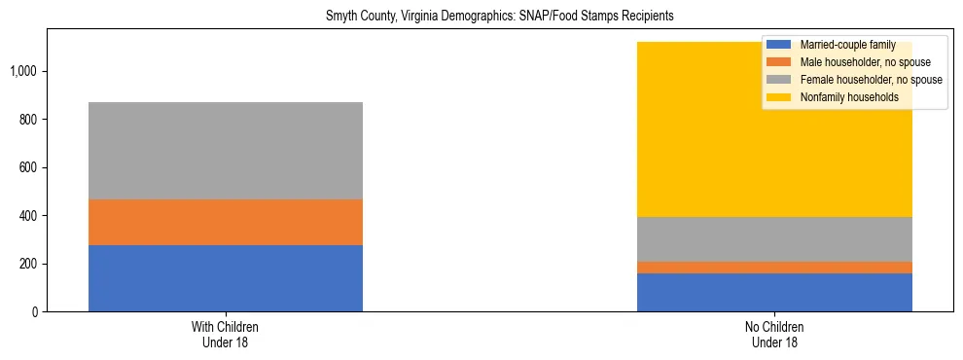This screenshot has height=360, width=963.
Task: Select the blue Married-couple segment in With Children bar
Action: tap(226, 278)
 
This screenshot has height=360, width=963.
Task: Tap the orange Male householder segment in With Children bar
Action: tap(226, 222)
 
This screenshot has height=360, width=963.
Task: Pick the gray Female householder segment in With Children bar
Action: tap(226, 151)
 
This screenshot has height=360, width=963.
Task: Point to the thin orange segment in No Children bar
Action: tap(774, 268)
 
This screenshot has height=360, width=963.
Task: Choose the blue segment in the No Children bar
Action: tap(774, 292)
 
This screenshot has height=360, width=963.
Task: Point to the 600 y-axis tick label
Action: tap(30, 167)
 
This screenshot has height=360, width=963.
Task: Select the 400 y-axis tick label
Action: tap(30, 216)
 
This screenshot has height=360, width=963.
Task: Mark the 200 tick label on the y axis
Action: tap(30, 264)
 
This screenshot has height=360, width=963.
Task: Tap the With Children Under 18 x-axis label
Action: tap(226, 335)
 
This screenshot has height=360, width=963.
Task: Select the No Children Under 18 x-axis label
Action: tap(774, 335)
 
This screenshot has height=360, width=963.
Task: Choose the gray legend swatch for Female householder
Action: tap(779, 80)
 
